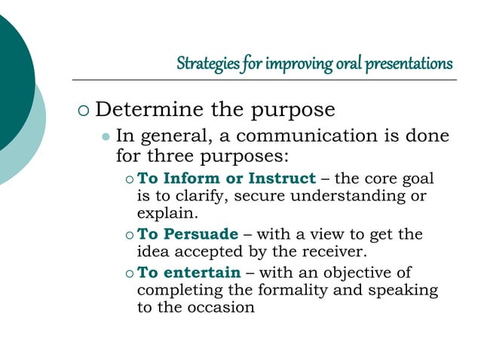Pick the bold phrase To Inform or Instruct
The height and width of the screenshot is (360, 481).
(x=226, y=178)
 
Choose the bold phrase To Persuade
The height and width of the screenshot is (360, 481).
(x=188, y=234)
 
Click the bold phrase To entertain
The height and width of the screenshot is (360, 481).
(x=189, y=273)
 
